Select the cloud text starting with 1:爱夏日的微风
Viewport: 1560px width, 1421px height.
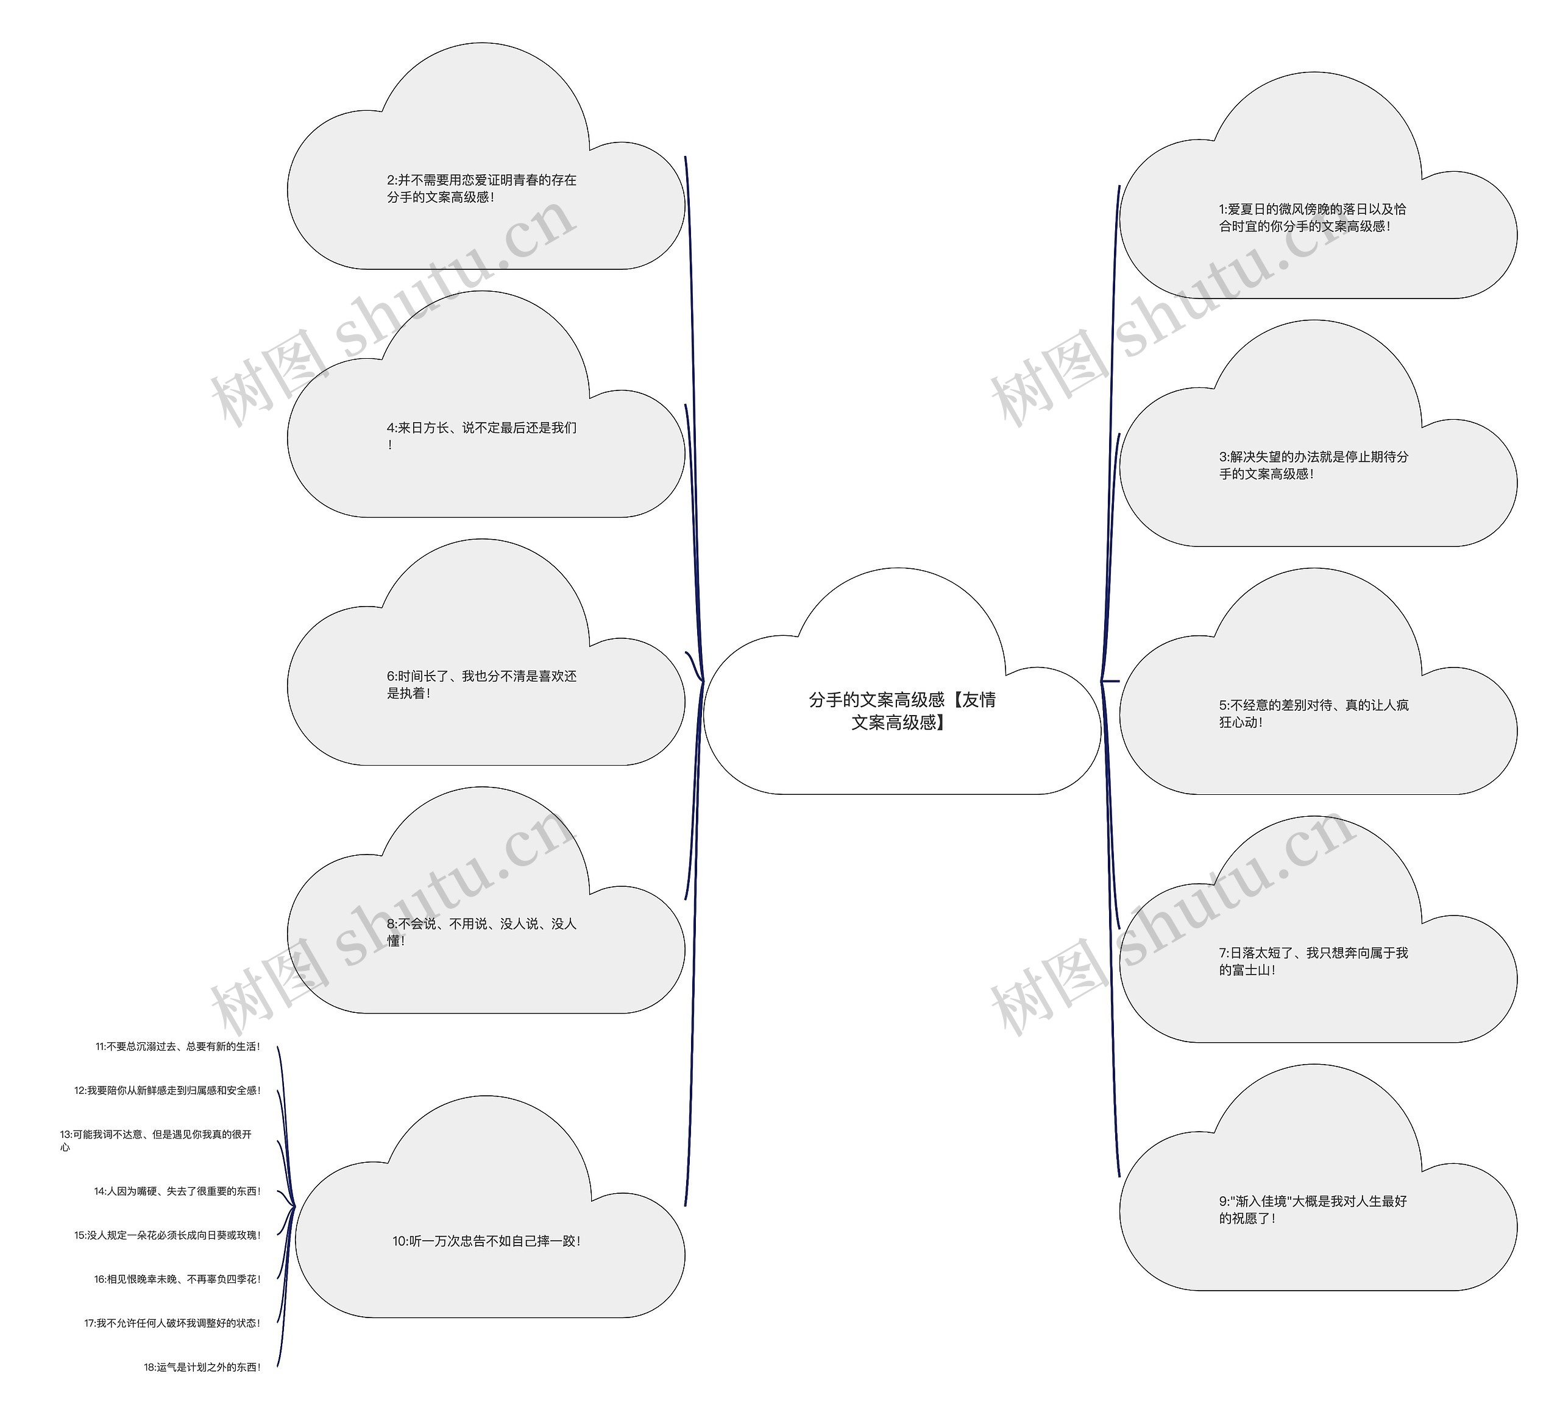point(1313,217)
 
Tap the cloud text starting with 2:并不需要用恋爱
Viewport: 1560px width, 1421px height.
point(481,188)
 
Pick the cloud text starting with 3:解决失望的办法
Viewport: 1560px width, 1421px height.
point(1313,465)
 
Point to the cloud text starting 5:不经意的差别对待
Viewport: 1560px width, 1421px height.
point(1313,713)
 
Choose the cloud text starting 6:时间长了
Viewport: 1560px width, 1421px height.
point(481,684)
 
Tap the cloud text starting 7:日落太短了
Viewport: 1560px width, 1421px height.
point(1313,961)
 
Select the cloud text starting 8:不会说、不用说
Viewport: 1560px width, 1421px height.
point(481,931)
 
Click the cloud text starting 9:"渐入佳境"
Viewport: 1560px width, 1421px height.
point(1313,1209)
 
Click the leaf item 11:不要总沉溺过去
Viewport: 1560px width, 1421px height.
point(178,1046)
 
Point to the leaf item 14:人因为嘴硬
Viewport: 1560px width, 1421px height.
point(177,1191)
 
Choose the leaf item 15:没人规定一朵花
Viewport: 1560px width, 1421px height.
point(167,1235)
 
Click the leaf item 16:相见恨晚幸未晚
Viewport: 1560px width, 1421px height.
point(177,1280)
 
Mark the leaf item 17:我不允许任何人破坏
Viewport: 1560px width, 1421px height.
point(172,1324)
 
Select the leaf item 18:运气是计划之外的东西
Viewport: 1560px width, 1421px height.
point(202,1367)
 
